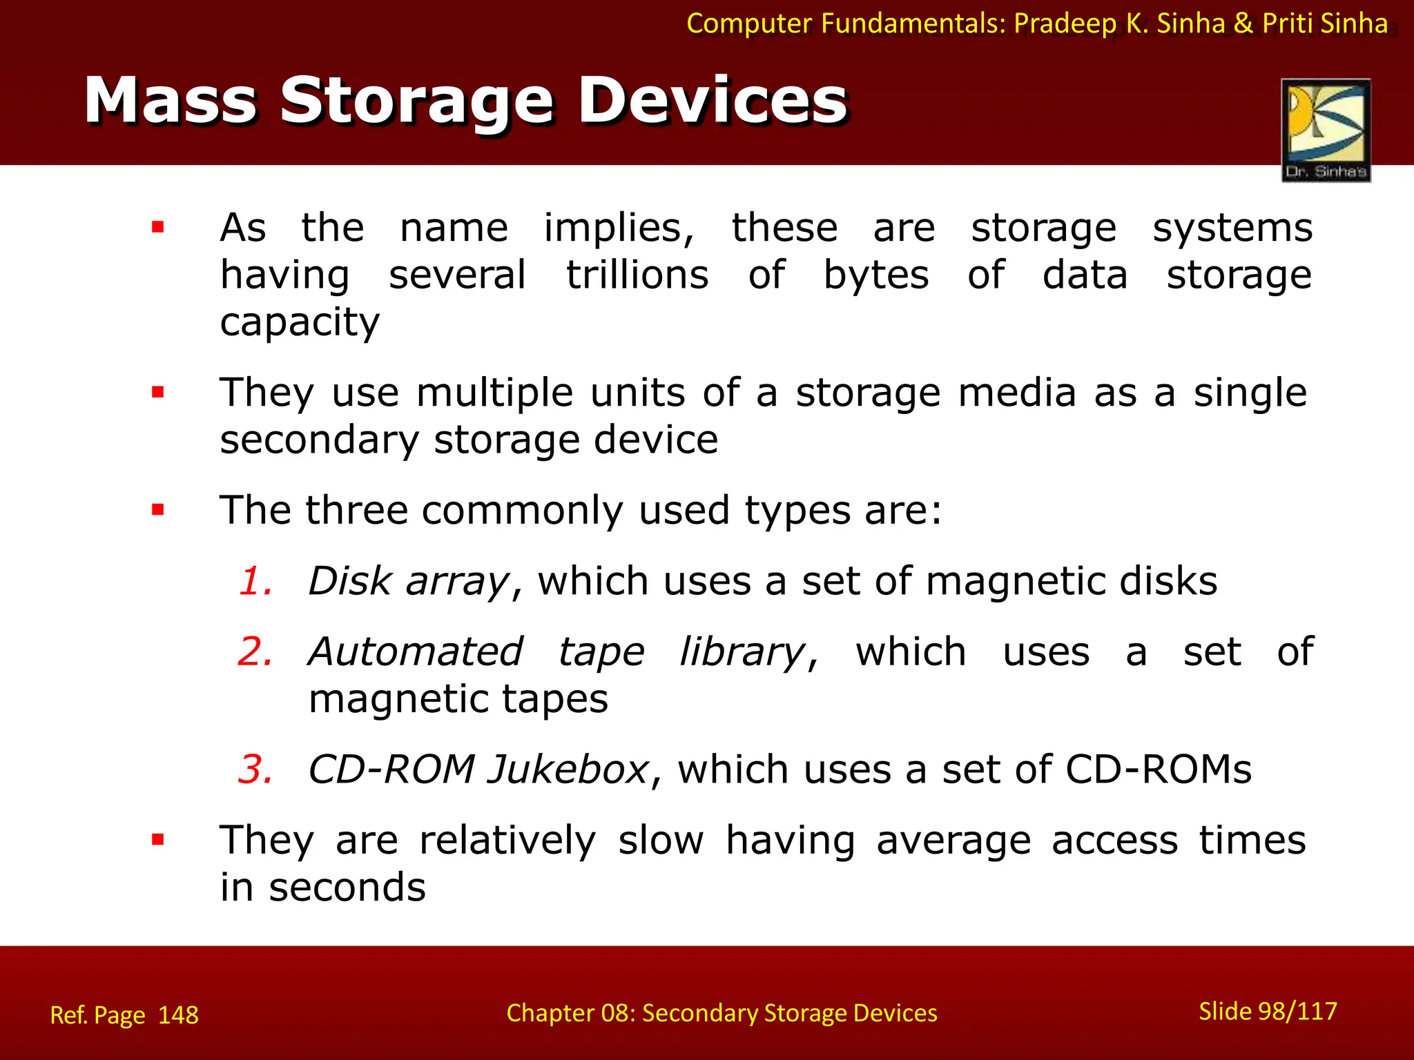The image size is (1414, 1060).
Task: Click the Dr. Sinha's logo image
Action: coord(1326,130)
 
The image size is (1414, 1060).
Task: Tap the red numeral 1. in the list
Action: coord(255,581)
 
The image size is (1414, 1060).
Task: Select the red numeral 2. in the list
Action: coord(255,651)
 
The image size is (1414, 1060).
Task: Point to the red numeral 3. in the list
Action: coord(255,769)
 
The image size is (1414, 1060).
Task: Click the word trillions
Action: coord(637,275)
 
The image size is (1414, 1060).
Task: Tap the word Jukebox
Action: coord(568,769)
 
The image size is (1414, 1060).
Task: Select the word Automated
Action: coord(416,651)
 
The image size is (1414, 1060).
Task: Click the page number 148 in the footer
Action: coord(178,1015)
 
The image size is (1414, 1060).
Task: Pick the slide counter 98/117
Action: coord(1297,1011)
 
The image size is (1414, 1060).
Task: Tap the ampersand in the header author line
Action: coord(1243,23)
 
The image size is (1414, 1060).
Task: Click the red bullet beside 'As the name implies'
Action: coord(158,227)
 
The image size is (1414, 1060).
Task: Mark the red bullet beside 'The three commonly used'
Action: coord(158,510)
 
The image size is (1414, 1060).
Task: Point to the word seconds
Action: coord(347,887)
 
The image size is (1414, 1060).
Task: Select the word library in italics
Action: coord(742,651)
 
